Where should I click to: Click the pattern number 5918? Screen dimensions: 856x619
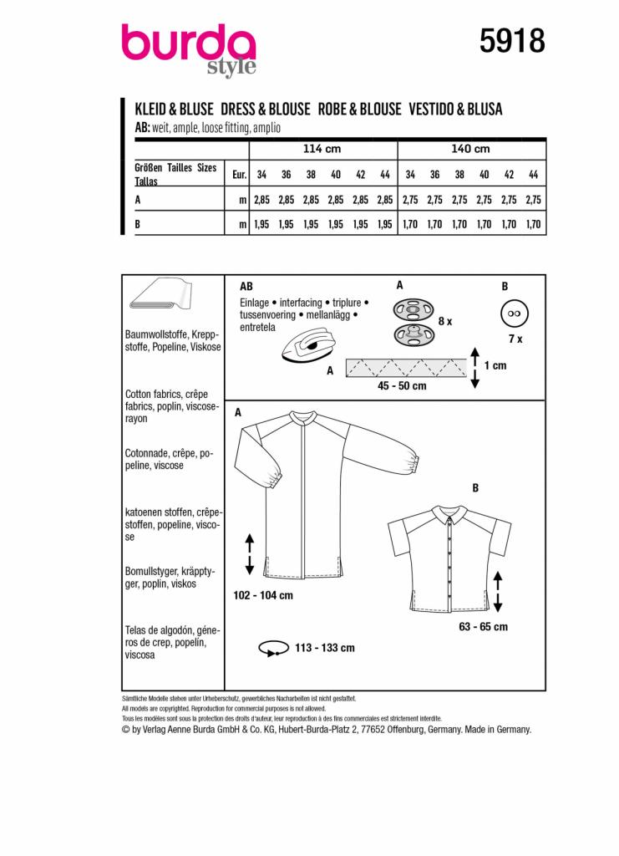point(512,39)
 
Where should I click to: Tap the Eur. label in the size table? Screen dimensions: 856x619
point(238,175)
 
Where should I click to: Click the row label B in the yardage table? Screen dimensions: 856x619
point(137,224)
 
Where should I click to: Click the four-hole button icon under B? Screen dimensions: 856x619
point(510,315)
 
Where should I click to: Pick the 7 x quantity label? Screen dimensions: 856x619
point(515,339)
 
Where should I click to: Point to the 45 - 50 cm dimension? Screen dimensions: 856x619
point(401,386)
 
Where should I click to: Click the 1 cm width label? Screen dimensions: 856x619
point(495,365)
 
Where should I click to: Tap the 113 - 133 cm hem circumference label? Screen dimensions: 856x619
point(325,648)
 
